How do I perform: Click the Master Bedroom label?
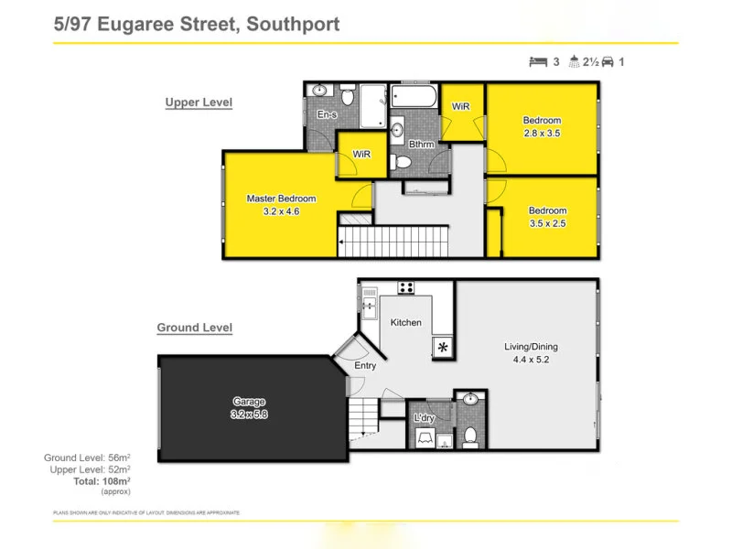pos(281,199)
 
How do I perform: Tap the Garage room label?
pos(248,402)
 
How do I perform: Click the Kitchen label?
pos(406,322)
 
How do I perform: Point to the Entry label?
pos(365,366)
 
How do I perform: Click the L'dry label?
pos(424,418)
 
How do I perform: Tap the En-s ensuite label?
pos(328,114)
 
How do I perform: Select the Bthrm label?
pos(422,145)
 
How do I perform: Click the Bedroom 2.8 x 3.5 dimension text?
pos(542,133)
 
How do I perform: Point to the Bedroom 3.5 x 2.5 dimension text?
pos(547,222)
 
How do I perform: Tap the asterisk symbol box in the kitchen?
pos(443,347)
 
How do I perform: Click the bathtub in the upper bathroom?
pos(415,97)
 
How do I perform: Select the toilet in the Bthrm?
pos(400,162)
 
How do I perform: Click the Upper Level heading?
pos(199,102)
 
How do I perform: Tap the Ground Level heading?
pos(194,328)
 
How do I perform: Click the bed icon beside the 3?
pos(538,62)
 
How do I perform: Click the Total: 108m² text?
pos(102,480)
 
